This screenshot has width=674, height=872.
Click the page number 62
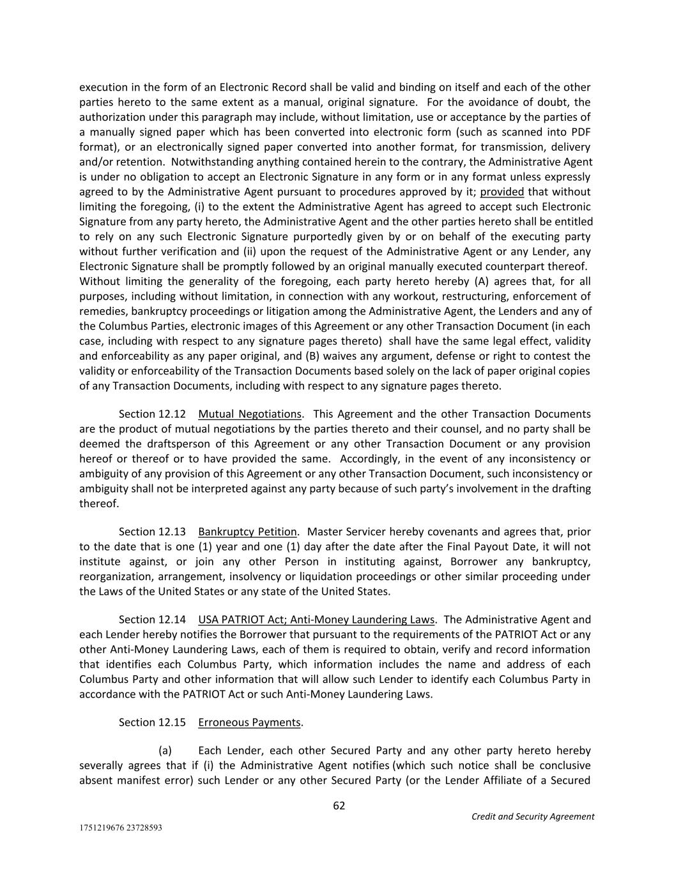click(x=339, y=806)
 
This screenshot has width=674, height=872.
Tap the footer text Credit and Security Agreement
click(x=533, y=816)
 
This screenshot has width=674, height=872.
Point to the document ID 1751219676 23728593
click(x=121, y=828)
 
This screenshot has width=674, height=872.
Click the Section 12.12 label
click(x=152, y=414)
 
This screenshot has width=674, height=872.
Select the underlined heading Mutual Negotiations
click(x=249, y=414)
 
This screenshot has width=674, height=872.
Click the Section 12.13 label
click(x=152, y=532)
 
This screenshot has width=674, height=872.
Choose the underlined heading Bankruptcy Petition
click(x=247, y=532)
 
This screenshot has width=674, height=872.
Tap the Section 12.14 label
click(x=152, y=619)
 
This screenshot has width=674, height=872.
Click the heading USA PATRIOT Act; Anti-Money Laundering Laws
click(x=316, y=619)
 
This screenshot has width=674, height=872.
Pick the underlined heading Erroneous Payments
click(x=249, y=722)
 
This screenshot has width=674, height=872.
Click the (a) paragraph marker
click(x=165, y=750)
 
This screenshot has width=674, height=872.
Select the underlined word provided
click(x=502, y=192)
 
